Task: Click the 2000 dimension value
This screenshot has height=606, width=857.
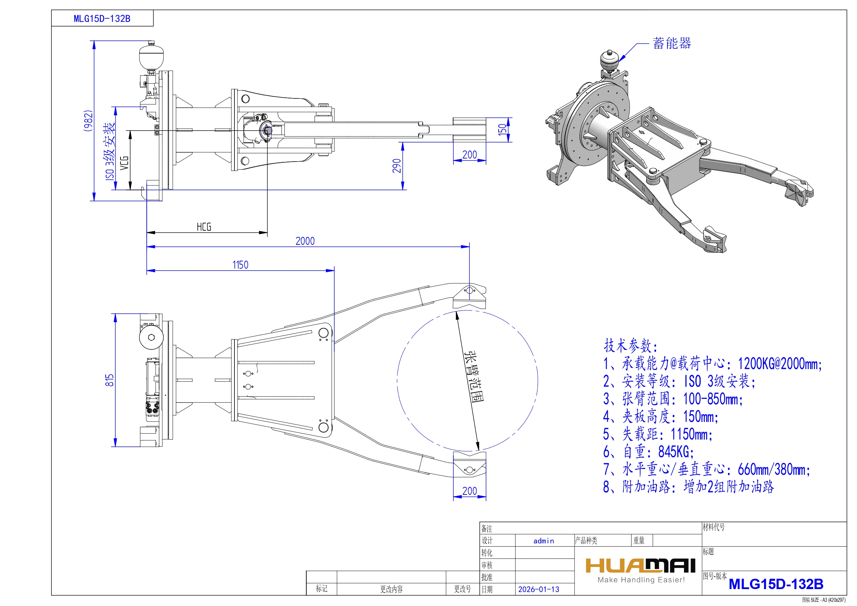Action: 305,241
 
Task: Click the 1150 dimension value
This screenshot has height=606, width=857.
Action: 240,265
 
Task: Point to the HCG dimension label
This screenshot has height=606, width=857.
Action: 204,227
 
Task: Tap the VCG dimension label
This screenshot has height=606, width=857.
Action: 124,163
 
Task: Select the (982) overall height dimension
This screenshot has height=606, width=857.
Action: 88,121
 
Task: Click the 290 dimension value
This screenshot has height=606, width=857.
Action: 397,166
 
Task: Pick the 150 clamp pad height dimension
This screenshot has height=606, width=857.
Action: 502,129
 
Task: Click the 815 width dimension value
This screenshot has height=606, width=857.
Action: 109,380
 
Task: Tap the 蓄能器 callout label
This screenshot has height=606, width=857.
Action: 672,43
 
